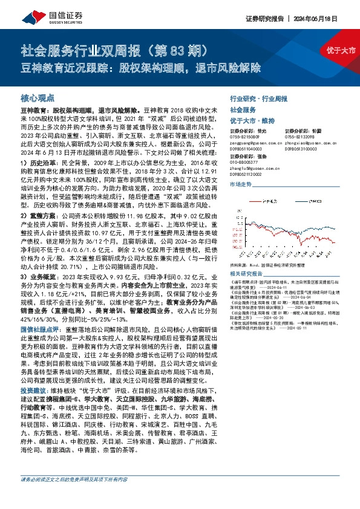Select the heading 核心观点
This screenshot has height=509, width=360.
pos(38,97)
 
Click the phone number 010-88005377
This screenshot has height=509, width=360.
pos(243,161)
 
